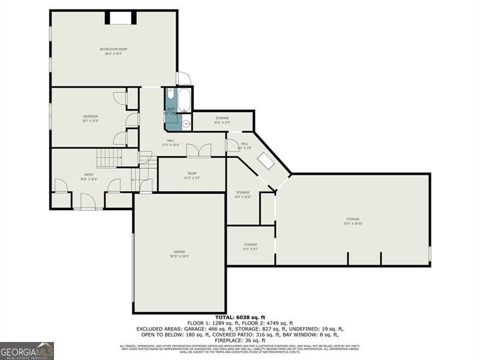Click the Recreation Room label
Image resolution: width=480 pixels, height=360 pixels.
click(x=113, y=51)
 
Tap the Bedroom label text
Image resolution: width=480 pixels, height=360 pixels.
click(x=90, y=118)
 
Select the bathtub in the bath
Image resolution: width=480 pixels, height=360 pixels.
click(x=184, y=100)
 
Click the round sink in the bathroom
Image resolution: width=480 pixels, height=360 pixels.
click(x=186, y=124)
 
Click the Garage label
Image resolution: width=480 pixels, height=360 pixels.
click(x=179, y=254)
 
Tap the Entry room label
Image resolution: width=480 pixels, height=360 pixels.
click(x=89, y=177)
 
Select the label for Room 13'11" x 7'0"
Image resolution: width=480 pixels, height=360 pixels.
click(x=191, y=175)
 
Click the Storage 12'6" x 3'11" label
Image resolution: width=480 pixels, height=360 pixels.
click(x=222, y=120)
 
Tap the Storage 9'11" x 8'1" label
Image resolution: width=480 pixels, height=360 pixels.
click(x=250, y=247)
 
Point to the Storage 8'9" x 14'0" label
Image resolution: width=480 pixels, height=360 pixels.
click(x=242, y=194)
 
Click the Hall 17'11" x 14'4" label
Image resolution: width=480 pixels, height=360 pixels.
click(x=171, y=143)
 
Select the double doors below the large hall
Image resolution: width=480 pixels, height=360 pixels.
click(x=198, y=150)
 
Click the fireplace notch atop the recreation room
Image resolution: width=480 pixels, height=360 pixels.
click(x=120, y=17)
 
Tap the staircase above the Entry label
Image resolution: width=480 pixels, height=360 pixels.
click(x=110, y=158)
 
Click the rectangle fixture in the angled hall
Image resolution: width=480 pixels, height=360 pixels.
click(x=265, y=160)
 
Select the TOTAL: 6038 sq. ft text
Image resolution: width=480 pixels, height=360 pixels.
click(x=240, y=317)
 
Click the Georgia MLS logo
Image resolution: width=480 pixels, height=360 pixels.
click(x=27, y=350)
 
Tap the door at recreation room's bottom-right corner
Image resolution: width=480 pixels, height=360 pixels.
click(x=183, y=79)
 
